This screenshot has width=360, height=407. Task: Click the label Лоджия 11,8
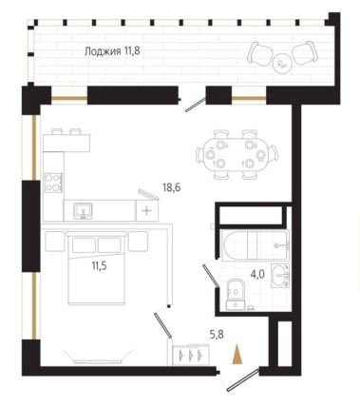tap(112, 51)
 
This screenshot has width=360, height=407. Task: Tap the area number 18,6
tap(172, 187)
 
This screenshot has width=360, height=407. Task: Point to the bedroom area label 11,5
tap(99, 265)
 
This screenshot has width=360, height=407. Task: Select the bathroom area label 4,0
tap(257, 274)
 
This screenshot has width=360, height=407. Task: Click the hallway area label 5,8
tap(218, 334)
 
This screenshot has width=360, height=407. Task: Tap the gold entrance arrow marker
tap(237, 355)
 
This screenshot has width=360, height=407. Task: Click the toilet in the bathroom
tap(236, 294)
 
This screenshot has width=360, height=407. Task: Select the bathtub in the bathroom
tap(256, 245)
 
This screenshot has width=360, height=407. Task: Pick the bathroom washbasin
tap(280, 276)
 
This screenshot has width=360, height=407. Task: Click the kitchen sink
tap(83, 211)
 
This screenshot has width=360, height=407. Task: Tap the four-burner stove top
tap(53, 183)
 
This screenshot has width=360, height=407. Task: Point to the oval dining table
tap(237, 154)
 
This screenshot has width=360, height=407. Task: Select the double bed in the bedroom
tap(97, 268)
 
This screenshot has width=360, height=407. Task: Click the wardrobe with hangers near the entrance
tap(191, 355)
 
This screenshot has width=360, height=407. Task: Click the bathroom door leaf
tap(211, 277)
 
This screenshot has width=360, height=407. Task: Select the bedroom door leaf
tap(163, 325)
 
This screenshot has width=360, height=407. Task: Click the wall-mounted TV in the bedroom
tap(98, 357)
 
